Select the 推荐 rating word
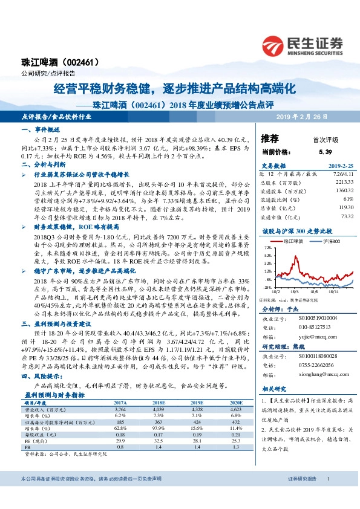270,138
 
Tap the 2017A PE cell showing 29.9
120,442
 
